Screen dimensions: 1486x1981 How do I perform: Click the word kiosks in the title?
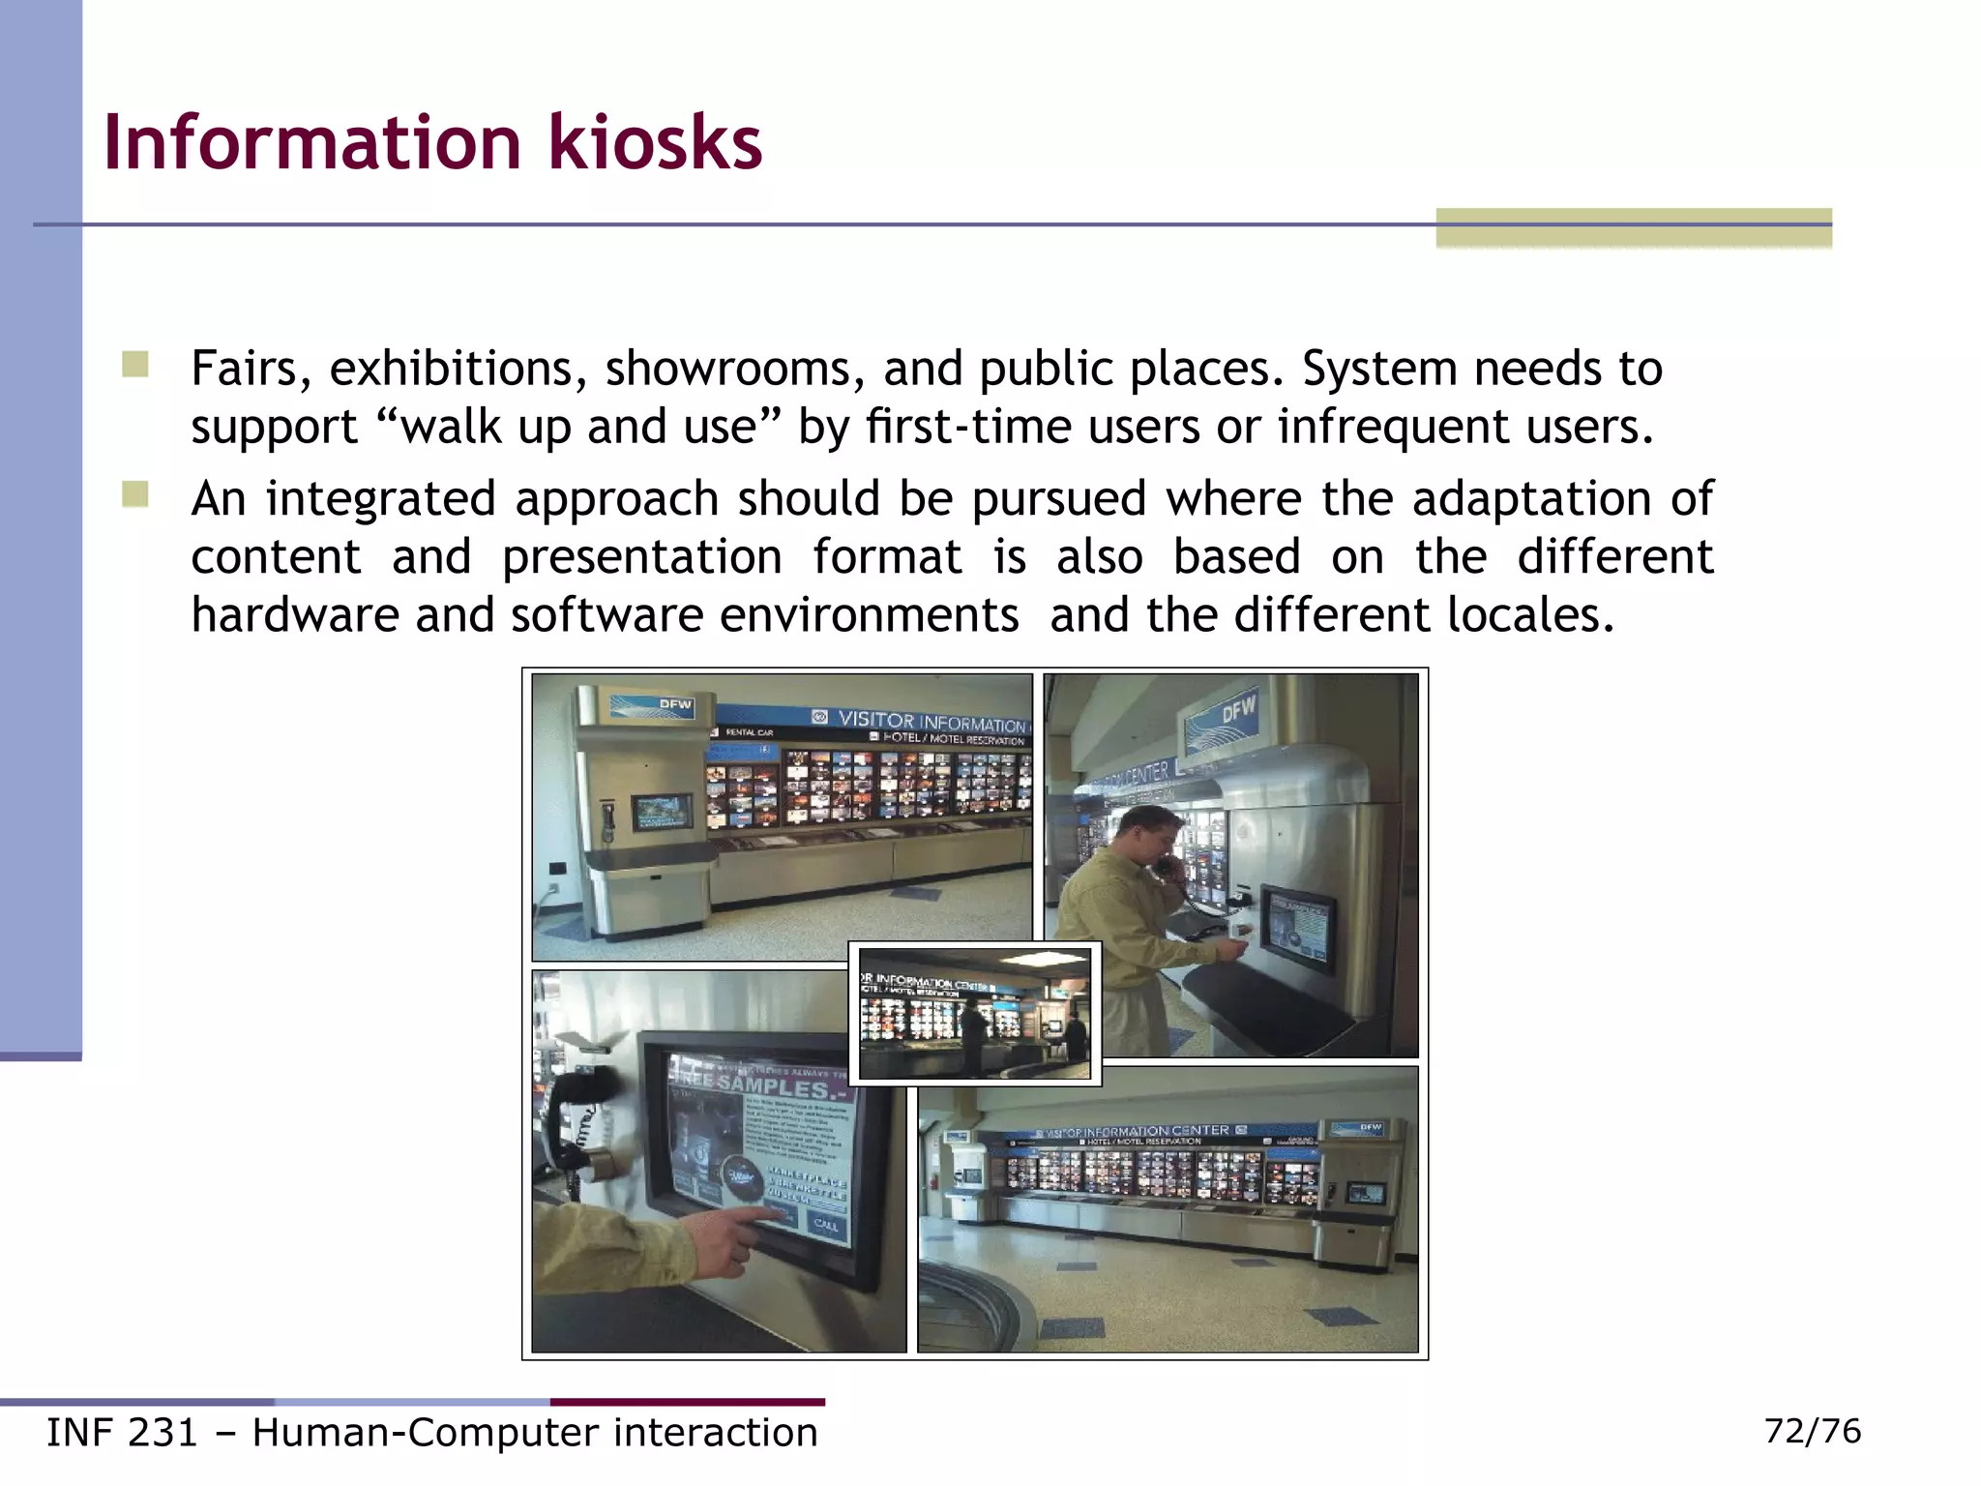(655, 142)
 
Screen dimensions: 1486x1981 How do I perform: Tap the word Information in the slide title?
(311, 142)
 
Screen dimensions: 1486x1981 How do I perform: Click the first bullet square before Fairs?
(135, 366)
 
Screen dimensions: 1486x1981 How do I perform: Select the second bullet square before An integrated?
(135, 495)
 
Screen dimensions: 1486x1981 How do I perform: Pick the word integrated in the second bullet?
(380, 500)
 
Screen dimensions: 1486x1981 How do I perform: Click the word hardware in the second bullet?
(294, 615)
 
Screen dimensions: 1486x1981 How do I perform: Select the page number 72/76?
(1812, 1431)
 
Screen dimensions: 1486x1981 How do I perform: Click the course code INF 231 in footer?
(122, 1433)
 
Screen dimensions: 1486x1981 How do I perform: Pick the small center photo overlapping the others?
(974, 1013)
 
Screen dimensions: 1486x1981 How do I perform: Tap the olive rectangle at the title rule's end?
(1633, 227)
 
